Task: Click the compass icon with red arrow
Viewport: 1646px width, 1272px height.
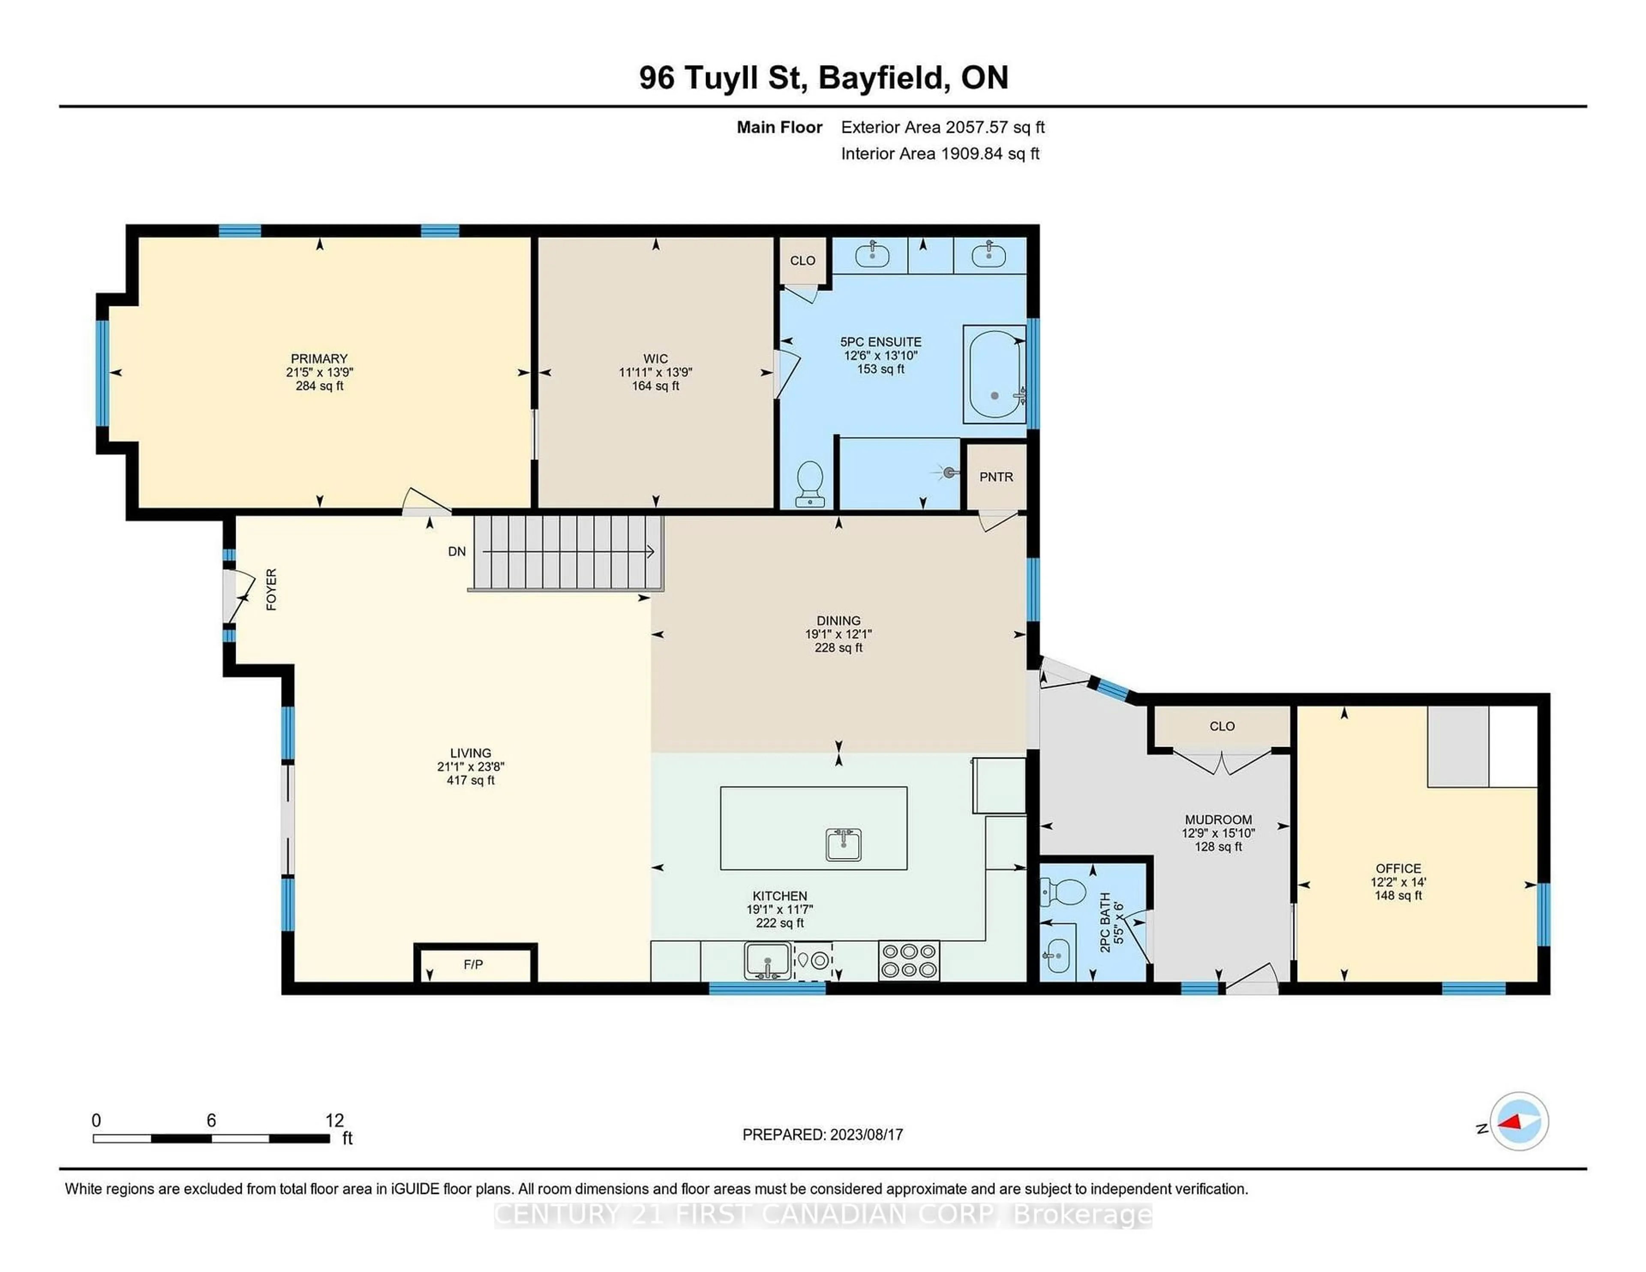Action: (1519, 1121)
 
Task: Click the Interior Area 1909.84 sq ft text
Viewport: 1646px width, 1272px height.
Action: (940, 154)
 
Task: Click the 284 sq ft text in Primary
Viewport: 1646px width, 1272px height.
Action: (319, 386)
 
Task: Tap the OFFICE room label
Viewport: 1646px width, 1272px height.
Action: (1398, 868)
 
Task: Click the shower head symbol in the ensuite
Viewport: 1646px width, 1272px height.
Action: (949, 472)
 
